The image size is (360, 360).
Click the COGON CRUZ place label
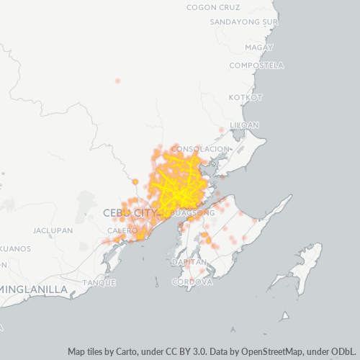212,7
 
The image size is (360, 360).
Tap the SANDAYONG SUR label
243,22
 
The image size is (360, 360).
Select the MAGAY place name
259,48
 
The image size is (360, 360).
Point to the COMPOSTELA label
256,66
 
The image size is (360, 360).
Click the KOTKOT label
246,97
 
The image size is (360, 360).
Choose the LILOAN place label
244,125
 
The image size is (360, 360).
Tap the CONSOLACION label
202,148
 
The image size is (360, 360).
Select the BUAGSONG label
190,214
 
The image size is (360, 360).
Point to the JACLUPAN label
53,231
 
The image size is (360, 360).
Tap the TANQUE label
99,282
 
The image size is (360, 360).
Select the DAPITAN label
189,263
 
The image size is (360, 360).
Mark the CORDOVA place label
192,282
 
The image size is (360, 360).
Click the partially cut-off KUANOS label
14,248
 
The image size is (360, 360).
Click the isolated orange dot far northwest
117,81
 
